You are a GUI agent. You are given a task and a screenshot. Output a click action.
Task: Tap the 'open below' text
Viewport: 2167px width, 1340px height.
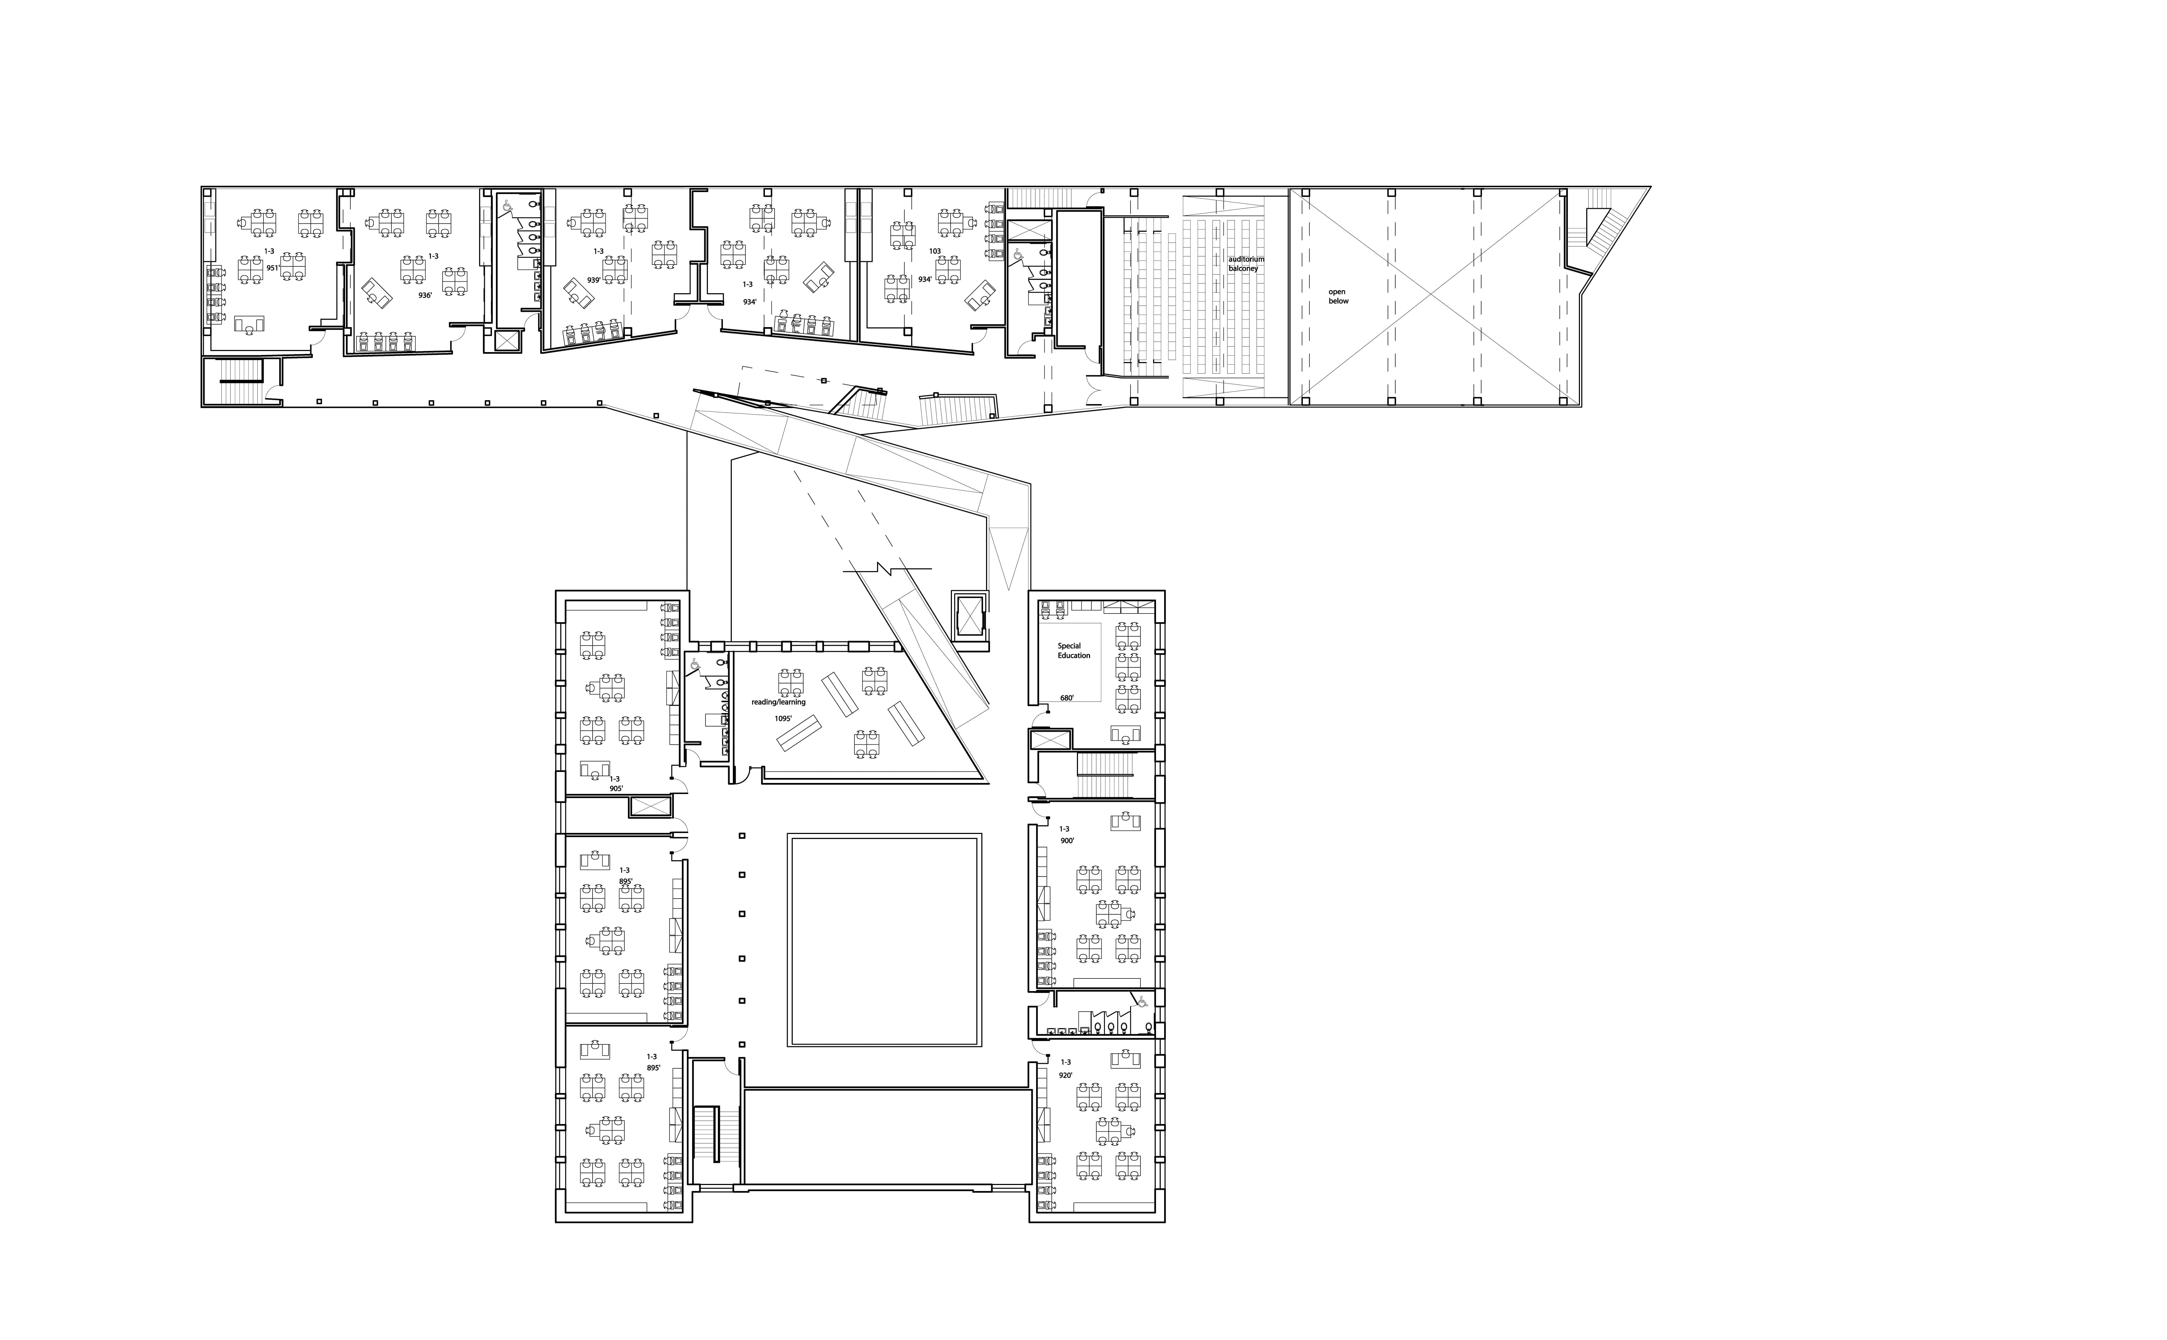click(1338, 296)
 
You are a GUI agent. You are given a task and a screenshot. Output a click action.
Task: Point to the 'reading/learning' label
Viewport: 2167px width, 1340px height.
click(779, 702)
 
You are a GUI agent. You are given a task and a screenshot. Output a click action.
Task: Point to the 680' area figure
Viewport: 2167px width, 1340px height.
click(1067, 698)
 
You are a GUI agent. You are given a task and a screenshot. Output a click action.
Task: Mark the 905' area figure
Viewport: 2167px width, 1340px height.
click(616, 788)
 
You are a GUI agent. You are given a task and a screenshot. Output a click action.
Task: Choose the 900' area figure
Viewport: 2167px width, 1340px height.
click(1067, 840)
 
